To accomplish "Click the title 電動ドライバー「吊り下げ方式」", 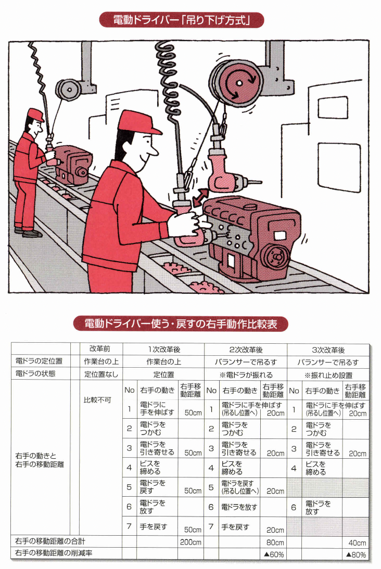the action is tap(181, 20).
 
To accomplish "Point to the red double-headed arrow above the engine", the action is tap(200, 198).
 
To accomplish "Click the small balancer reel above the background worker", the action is tap(68, 89).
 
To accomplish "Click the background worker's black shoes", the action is tap(28, 232).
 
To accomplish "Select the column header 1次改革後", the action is tap(164, 350).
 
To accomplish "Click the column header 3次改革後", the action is tap(328, 350).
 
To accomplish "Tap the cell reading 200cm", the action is tap(190, 542).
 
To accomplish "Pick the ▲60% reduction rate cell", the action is tap(273, 554).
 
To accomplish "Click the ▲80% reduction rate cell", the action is tap(357, 554).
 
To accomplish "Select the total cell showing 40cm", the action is tap(357, 543).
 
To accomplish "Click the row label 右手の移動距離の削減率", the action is tap(54, 553).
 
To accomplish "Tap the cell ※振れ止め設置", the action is tap(328, 375).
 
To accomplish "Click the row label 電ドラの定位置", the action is tap(39, 361).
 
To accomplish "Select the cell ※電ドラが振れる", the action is tap(246, 375).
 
